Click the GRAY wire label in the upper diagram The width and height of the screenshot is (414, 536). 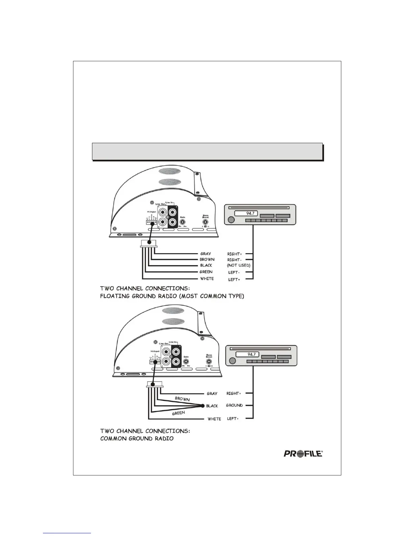point(206,253)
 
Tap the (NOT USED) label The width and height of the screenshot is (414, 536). point(238,265)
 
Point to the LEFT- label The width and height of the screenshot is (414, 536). point(234,272)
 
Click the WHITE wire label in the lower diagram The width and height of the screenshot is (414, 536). point(214,419)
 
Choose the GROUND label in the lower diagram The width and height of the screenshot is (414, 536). point(234,405)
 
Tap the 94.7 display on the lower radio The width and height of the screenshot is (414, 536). point(251,354)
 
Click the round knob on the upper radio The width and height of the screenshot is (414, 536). point(231,220)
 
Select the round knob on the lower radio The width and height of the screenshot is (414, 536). point(232,360)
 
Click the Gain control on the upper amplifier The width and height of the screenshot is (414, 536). point(183,222)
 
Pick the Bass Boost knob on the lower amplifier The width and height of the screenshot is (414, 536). point(209,362)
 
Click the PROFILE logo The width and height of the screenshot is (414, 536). point(303,453)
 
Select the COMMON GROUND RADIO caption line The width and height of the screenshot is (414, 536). point(137,439)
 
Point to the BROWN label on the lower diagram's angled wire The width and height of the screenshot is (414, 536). point(182,399)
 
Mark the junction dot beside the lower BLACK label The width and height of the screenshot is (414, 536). point(203,406)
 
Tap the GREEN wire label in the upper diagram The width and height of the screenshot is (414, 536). point(206,272)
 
